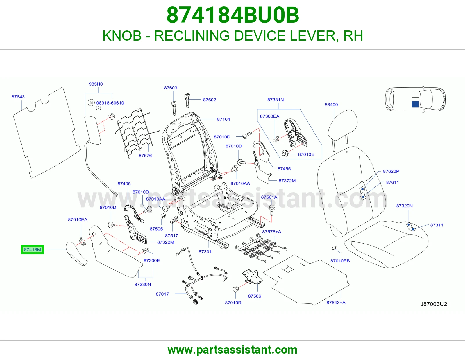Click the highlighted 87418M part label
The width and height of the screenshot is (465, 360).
32,249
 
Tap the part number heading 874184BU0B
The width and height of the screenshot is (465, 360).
233,15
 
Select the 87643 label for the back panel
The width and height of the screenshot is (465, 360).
18,97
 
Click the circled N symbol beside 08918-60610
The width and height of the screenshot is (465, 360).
91,103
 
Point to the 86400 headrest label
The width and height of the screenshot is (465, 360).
331,105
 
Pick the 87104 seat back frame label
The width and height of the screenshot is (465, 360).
223,119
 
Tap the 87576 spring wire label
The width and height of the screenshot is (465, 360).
145,156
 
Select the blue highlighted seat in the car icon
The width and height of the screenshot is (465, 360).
415,104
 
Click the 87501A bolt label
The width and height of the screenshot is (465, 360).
269,197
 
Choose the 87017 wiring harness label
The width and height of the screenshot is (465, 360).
162,294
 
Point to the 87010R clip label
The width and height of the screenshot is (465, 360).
233,303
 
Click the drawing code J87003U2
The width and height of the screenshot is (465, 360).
434,304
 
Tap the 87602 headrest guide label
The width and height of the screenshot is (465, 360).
210,100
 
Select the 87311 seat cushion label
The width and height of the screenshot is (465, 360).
437,225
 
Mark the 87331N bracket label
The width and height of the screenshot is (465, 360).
276,100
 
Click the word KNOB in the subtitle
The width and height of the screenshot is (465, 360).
122,36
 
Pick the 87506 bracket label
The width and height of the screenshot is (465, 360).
254,296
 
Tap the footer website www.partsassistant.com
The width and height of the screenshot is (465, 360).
233,350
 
